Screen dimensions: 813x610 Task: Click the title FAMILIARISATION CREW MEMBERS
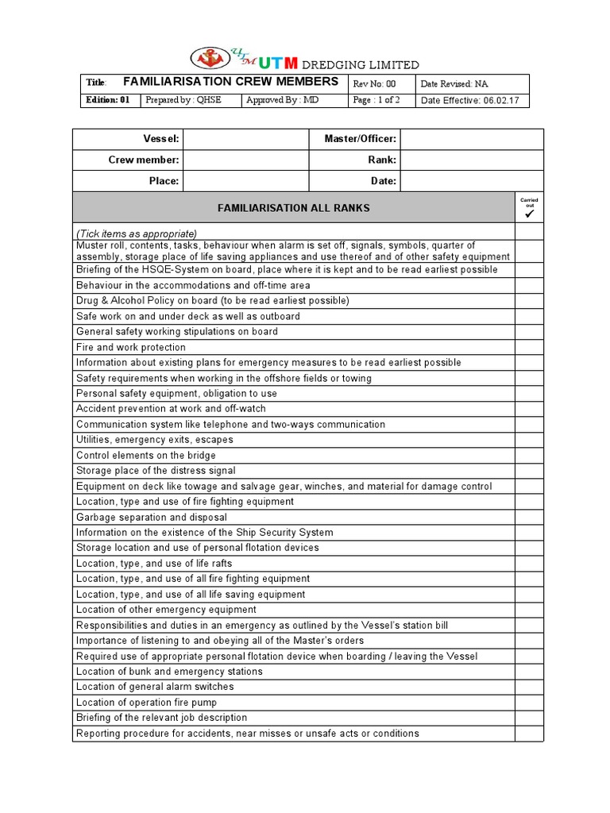coord(230,82)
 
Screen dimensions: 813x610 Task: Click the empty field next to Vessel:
coord(245,139)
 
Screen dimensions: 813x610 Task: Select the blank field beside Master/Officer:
coord(472,139)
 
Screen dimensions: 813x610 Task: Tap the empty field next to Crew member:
coord(245,160)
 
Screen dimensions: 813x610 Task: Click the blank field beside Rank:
coord(472,160)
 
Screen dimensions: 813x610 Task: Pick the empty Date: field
coord(472,181)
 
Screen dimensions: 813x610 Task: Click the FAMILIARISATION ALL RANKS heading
coord(294,208)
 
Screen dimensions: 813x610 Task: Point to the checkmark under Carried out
coord(529,214)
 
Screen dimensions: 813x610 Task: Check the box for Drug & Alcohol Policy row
coord(529,301)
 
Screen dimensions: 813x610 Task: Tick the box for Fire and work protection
coord(529,347)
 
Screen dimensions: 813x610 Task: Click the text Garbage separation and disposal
coord(152,517)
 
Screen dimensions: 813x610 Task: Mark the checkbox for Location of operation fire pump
coord(529,702)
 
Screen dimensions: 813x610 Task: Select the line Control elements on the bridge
coord(146,456)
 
